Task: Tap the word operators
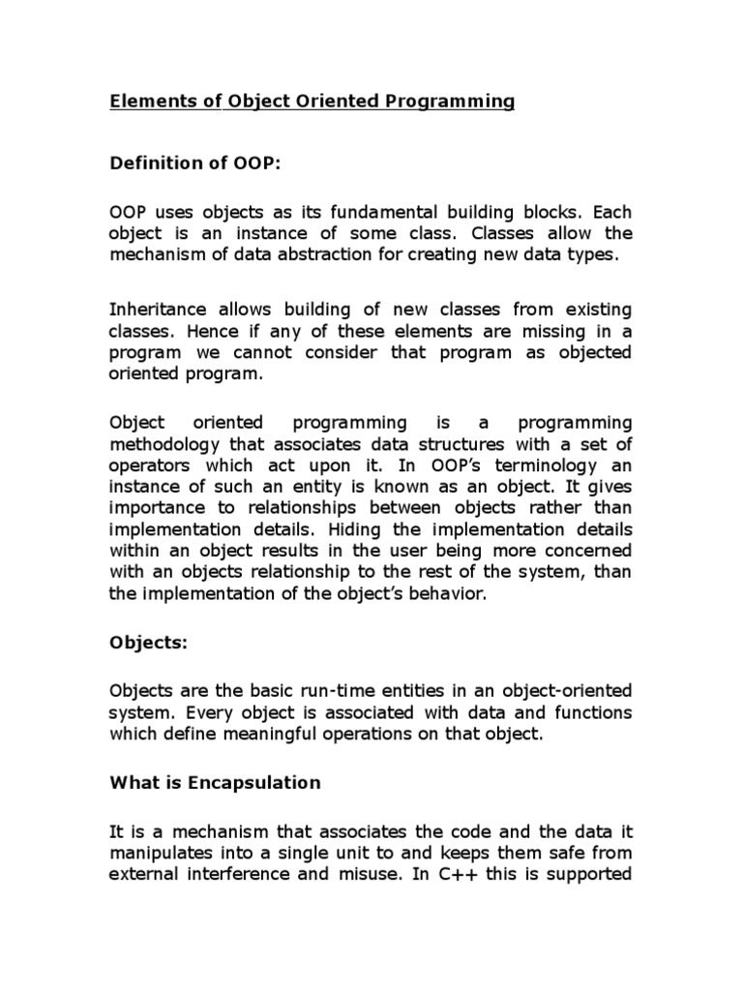[x=144, y=465]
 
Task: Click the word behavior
[x=441, y=593]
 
